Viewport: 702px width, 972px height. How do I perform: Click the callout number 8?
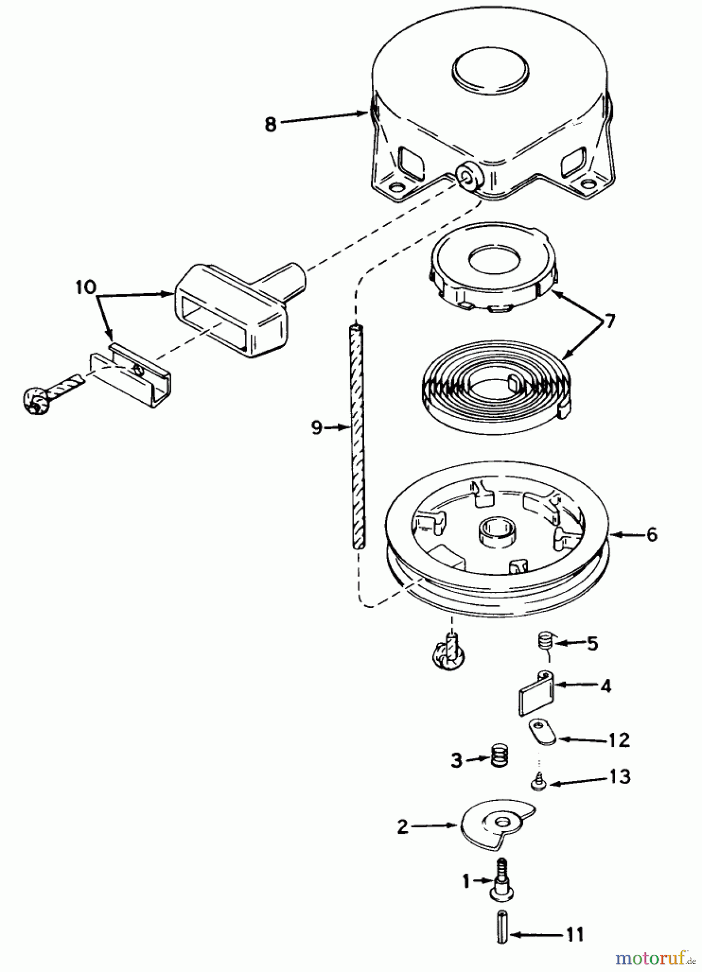pos(270,124)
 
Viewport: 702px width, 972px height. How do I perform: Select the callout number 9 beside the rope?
pos(317,428)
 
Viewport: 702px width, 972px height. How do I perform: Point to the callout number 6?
pos(651,535)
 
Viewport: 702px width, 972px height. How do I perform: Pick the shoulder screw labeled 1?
pos(500,883)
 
